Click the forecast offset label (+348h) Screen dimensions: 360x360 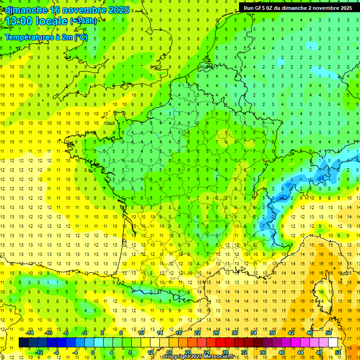coord(84,21)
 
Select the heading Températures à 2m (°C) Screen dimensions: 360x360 coord(46,37)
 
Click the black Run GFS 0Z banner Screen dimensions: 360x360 coord(298,7)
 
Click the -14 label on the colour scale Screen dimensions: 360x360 coord(30,333)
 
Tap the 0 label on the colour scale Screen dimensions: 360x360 coord(93,352)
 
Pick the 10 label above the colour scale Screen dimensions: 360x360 coord(141,333)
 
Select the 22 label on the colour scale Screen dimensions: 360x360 coord(197,333)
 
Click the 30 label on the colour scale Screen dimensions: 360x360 coord(234,333)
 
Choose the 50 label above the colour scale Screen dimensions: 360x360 coord(328,333)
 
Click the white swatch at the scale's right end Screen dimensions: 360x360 coord(333,343)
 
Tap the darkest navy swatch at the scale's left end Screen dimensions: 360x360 coord(23,343)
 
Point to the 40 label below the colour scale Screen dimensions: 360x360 coord(281,352)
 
